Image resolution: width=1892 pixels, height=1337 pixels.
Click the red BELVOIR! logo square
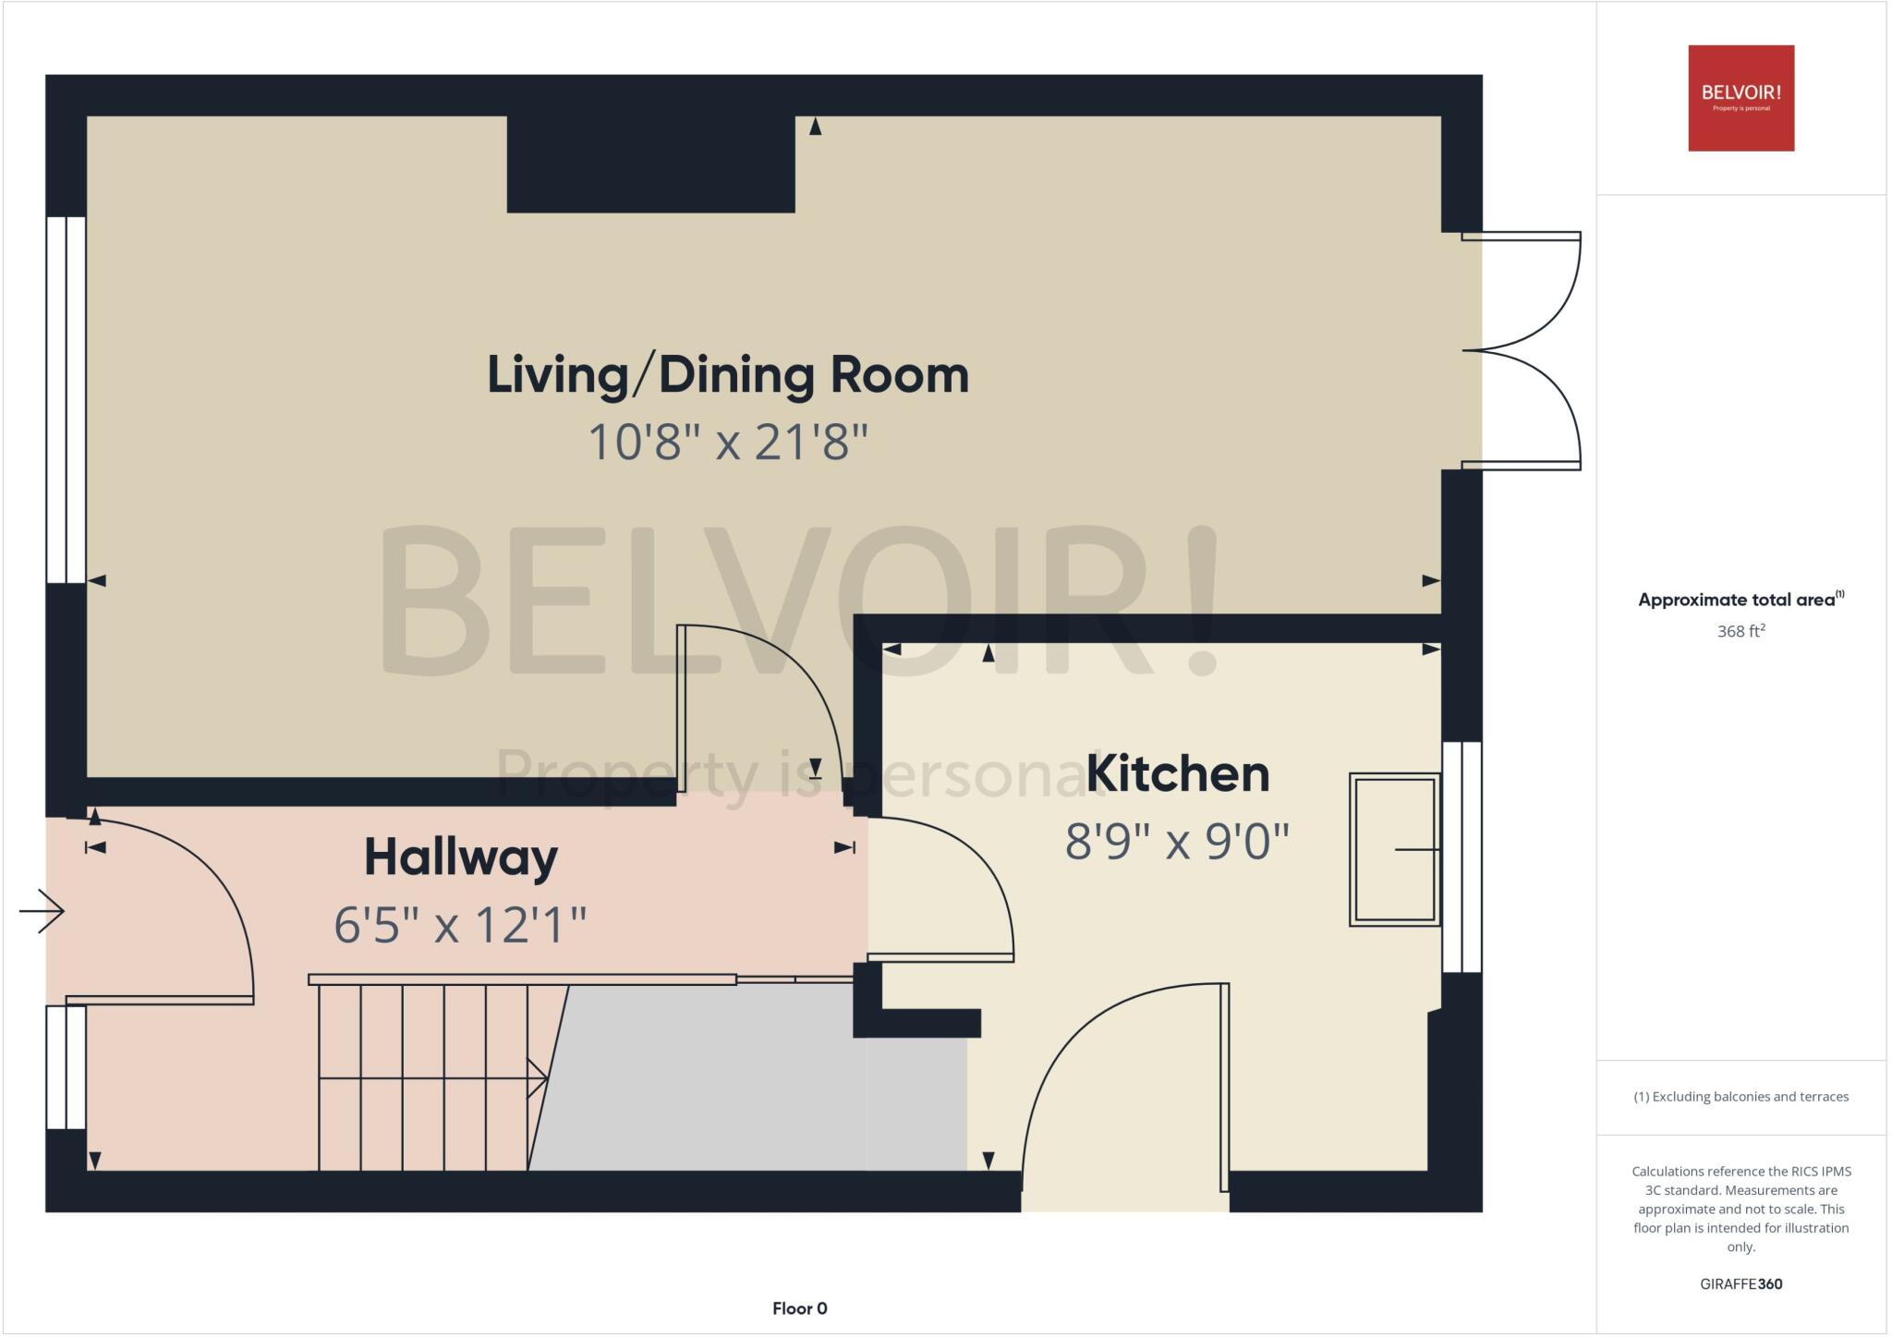[1740, 98]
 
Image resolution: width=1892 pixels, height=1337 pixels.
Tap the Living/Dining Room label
[728, 375]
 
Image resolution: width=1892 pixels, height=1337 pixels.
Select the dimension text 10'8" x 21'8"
[728, 442]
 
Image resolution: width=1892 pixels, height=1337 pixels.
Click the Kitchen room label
[1177, 773]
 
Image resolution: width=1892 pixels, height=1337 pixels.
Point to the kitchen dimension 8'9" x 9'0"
[1177, 842]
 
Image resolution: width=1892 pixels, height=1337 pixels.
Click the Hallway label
[461, 857]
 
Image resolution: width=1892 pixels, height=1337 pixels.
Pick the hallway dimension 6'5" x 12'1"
[461, 925]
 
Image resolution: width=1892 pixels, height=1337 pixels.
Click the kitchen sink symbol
[1394, 849]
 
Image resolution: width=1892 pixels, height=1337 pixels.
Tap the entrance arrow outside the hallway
[42, 911]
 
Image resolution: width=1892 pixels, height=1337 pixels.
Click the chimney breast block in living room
[650, 164]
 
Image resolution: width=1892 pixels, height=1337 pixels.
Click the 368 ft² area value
[1740, 631]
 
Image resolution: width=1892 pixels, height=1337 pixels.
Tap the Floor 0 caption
[799, 1308]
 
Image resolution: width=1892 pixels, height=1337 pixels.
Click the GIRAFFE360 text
[1740, 1283]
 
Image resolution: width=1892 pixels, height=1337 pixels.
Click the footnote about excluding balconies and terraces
[1740, 1097]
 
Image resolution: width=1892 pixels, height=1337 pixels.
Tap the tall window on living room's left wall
[67, 399]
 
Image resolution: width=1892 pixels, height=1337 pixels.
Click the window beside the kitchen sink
[1461, 857]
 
